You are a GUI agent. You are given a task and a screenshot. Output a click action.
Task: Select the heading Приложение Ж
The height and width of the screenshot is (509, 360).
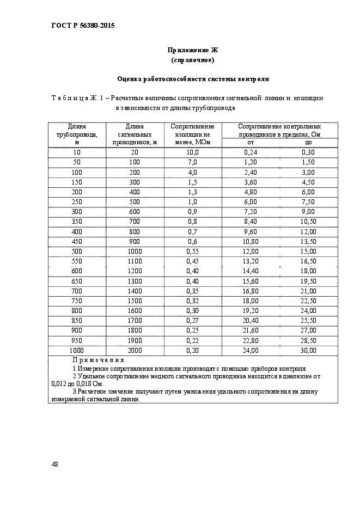(192, 50)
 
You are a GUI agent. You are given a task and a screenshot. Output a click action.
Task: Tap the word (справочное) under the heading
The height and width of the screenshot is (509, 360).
(192, 59)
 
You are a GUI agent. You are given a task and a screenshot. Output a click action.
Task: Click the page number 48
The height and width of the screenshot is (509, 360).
(54, 464)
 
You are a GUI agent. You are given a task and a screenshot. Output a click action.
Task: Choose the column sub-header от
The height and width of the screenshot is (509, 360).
(251, 142)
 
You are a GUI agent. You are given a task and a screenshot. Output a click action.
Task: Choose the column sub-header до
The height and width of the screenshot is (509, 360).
(308, 142)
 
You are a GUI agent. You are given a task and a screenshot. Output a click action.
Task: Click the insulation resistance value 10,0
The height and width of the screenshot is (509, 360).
(192, 152)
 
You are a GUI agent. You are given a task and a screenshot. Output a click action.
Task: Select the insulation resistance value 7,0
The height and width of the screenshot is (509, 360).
(192, 162)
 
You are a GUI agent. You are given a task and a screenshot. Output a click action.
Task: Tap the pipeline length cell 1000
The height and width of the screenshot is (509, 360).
(76, 350)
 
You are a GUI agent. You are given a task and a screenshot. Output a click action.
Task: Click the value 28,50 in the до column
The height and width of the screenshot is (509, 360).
(308, 340)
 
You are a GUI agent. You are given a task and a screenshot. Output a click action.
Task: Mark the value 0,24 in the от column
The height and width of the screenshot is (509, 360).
(251, 152)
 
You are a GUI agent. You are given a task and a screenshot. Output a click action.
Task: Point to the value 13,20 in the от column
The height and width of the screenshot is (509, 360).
(251, 261)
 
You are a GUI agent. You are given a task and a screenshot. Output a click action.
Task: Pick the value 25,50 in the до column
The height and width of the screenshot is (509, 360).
(308, 321)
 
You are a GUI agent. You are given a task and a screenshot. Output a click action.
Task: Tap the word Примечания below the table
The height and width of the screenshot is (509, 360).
(98, 360)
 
